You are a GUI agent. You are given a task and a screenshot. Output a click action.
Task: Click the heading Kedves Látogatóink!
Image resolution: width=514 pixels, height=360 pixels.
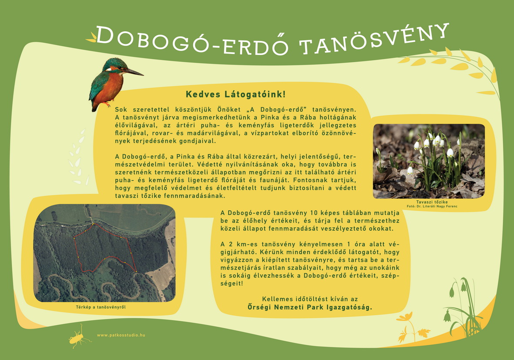pyautogui.click(x=235, y=94)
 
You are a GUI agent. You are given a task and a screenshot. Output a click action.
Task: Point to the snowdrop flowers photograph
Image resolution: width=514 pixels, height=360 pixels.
pyautogui.click(x=429, y=161)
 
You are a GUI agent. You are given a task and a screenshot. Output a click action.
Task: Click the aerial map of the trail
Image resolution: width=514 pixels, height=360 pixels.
pyautogui.click(x=105, y=253)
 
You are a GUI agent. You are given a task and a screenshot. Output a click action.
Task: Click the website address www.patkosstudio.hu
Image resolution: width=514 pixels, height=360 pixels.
pyautogui.click(x=121, y=335)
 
